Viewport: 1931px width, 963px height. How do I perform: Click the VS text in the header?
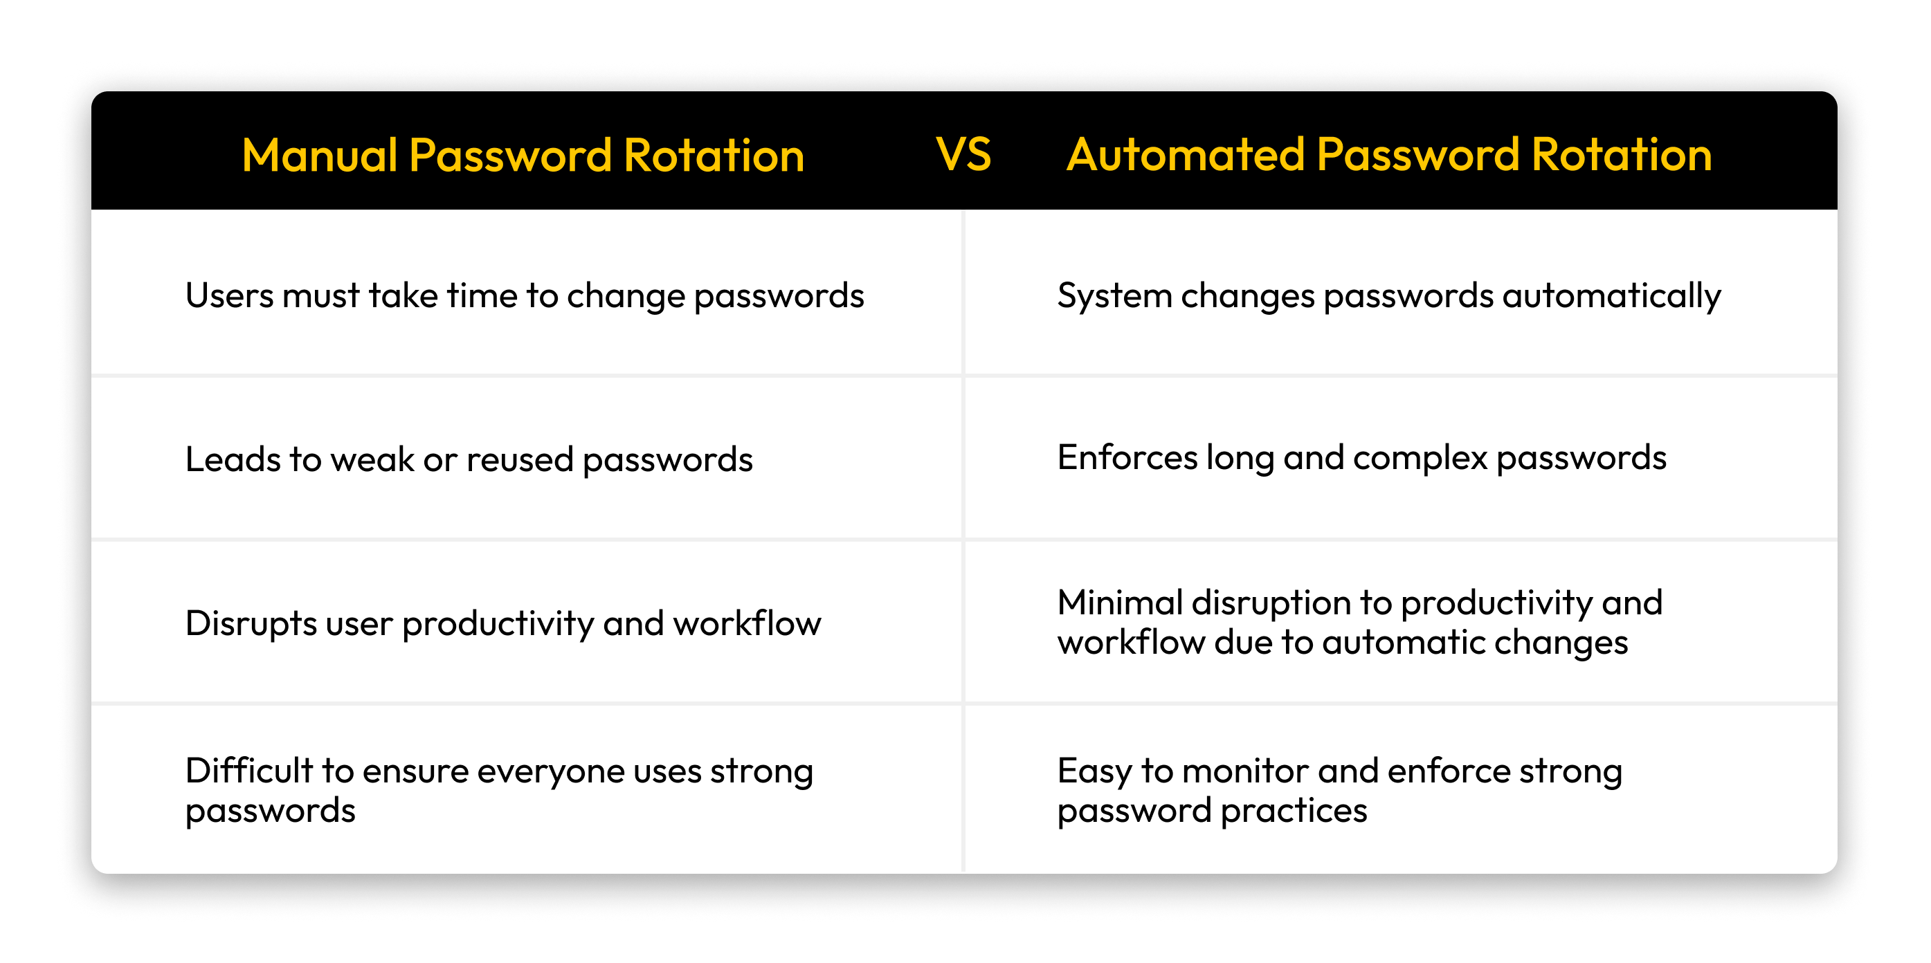(x=963, y=154)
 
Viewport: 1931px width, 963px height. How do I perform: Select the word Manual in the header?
(x=319, y=156)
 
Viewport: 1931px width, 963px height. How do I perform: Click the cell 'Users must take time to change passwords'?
(x=524, y=295)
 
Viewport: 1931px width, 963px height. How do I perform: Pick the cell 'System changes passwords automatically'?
(x=1388, y=295)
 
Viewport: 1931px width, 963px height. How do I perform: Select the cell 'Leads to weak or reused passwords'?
(x=469, y=459)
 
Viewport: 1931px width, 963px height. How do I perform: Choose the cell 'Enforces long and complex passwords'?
(x=1361, y=458)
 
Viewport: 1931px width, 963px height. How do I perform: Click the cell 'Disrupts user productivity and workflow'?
(x=503, y=623)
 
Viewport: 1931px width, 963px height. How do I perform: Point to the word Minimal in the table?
(x=1120, y=603)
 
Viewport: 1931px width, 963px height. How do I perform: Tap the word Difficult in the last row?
(x=249, y=771)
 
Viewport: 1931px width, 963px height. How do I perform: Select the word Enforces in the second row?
(x=1127, y=458)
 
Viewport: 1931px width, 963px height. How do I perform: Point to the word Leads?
(x=233, y=459)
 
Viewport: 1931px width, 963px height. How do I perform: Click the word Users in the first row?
(x=229, y=295)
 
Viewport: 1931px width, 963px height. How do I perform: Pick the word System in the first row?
(x=1114, y=295)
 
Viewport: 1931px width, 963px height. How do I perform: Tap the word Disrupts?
(x=251, y=623)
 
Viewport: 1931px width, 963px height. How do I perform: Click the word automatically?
(x=1612, y=295)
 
